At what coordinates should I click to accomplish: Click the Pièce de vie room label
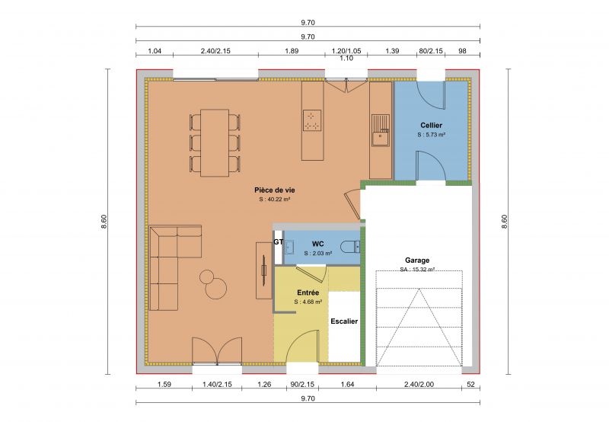(x=275, y=190)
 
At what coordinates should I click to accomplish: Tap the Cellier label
(x=431, y=125)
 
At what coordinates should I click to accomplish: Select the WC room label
(x=317, y=244)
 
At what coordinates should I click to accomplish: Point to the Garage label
(x=417, y=261)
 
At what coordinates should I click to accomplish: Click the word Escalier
(x=344, y=321)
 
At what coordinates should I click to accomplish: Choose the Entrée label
(x=308, y=293)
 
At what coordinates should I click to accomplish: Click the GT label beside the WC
(x=278, y=241)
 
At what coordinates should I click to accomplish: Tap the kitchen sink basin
(x=380, y=139)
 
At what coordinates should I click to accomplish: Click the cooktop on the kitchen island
(x=312, y=120)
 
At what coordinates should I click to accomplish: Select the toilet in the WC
(x=350, y=247)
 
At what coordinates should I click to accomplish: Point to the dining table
(x=215, y=142)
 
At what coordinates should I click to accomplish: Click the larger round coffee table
(x=216, y=288)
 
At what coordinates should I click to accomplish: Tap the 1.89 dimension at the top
(x=292, y=51)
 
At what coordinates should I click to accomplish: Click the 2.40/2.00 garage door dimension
(x=419, y=385)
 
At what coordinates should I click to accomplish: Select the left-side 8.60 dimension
(x=104, y=222)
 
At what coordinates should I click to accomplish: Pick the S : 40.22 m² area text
(x=275, y=200)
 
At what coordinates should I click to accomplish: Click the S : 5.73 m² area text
(x=431, y=135)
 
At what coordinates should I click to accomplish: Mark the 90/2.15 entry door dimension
(x=302, y=385)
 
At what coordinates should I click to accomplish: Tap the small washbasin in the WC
(x=289, y=247)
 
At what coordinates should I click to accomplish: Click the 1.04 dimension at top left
(x=155, y=51)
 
